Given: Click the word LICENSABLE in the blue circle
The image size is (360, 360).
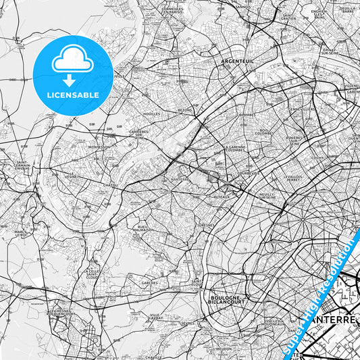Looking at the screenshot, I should [x=72, y=95].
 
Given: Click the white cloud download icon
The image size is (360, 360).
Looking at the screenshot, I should [x=72, y=64].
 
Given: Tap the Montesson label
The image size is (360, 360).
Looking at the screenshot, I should [x=99, y=147].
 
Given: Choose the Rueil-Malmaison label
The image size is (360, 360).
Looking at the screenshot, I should [x=141, y=228].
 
